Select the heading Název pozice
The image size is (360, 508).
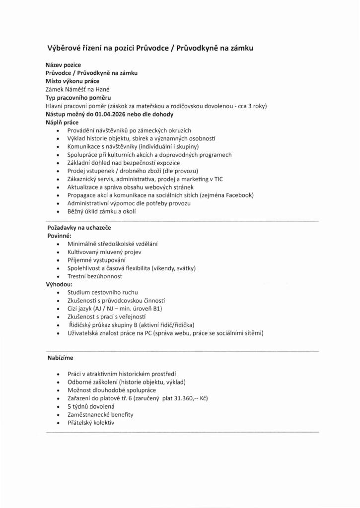coord(63,65)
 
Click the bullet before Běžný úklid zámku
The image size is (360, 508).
coord(59,211)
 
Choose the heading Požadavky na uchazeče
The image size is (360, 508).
coord(79,227)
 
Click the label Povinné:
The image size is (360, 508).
coord(59,236)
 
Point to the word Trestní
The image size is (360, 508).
coord(77,276)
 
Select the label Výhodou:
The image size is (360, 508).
coord(60,284)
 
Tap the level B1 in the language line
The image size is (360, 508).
coord(157,308)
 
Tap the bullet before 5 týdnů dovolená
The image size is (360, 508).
coord(59,406)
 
